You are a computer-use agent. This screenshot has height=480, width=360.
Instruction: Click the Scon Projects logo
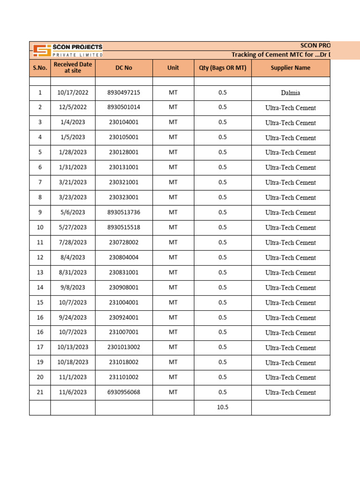tap(67, 50)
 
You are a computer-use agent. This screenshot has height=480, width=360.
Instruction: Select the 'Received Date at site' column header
tap(73, 67)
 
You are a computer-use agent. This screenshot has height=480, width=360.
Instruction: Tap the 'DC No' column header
tap(124, 68)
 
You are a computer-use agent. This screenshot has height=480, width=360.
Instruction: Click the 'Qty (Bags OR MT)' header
tap(223, 68)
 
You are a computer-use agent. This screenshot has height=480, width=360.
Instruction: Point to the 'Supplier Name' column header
tap(291, 68)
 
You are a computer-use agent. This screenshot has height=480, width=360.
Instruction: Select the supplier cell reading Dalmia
tap(291, 93)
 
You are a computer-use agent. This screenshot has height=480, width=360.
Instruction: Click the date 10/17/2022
tap(72, 93)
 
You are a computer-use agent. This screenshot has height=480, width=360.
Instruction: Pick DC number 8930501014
tap(124, 107)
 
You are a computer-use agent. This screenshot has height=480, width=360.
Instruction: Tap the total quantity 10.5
tap(223, 407)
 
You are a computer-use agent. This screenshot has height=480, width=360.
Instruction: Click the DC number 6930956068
tap(124, 392)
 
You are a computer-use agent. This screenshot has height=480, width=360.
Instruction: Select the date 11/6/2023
tap(72, 392)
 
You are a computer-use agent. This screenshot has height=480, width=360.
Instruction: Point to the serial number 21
tap(40, 392)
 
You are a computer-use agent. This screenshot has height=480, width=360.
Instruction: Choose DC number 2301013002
tap(124, 347)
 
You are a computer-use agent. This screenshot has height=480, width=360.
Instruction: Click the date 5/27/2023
tap(72, 227)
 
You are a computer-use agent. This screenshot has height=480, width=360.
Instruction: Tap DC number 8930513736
tap(124, 212)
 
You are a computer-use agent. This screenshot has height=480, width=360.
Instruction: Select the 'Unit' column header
tap(173, 68)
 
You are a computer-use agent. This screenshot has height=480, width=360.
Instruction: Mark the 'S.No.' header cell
tap(40, 68)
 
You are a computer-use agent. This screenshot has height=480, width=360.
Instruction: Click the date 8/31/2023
tap(72, 272)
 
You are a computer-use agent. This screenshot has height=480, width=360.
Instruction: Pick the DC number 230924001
tap(124, 317)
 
